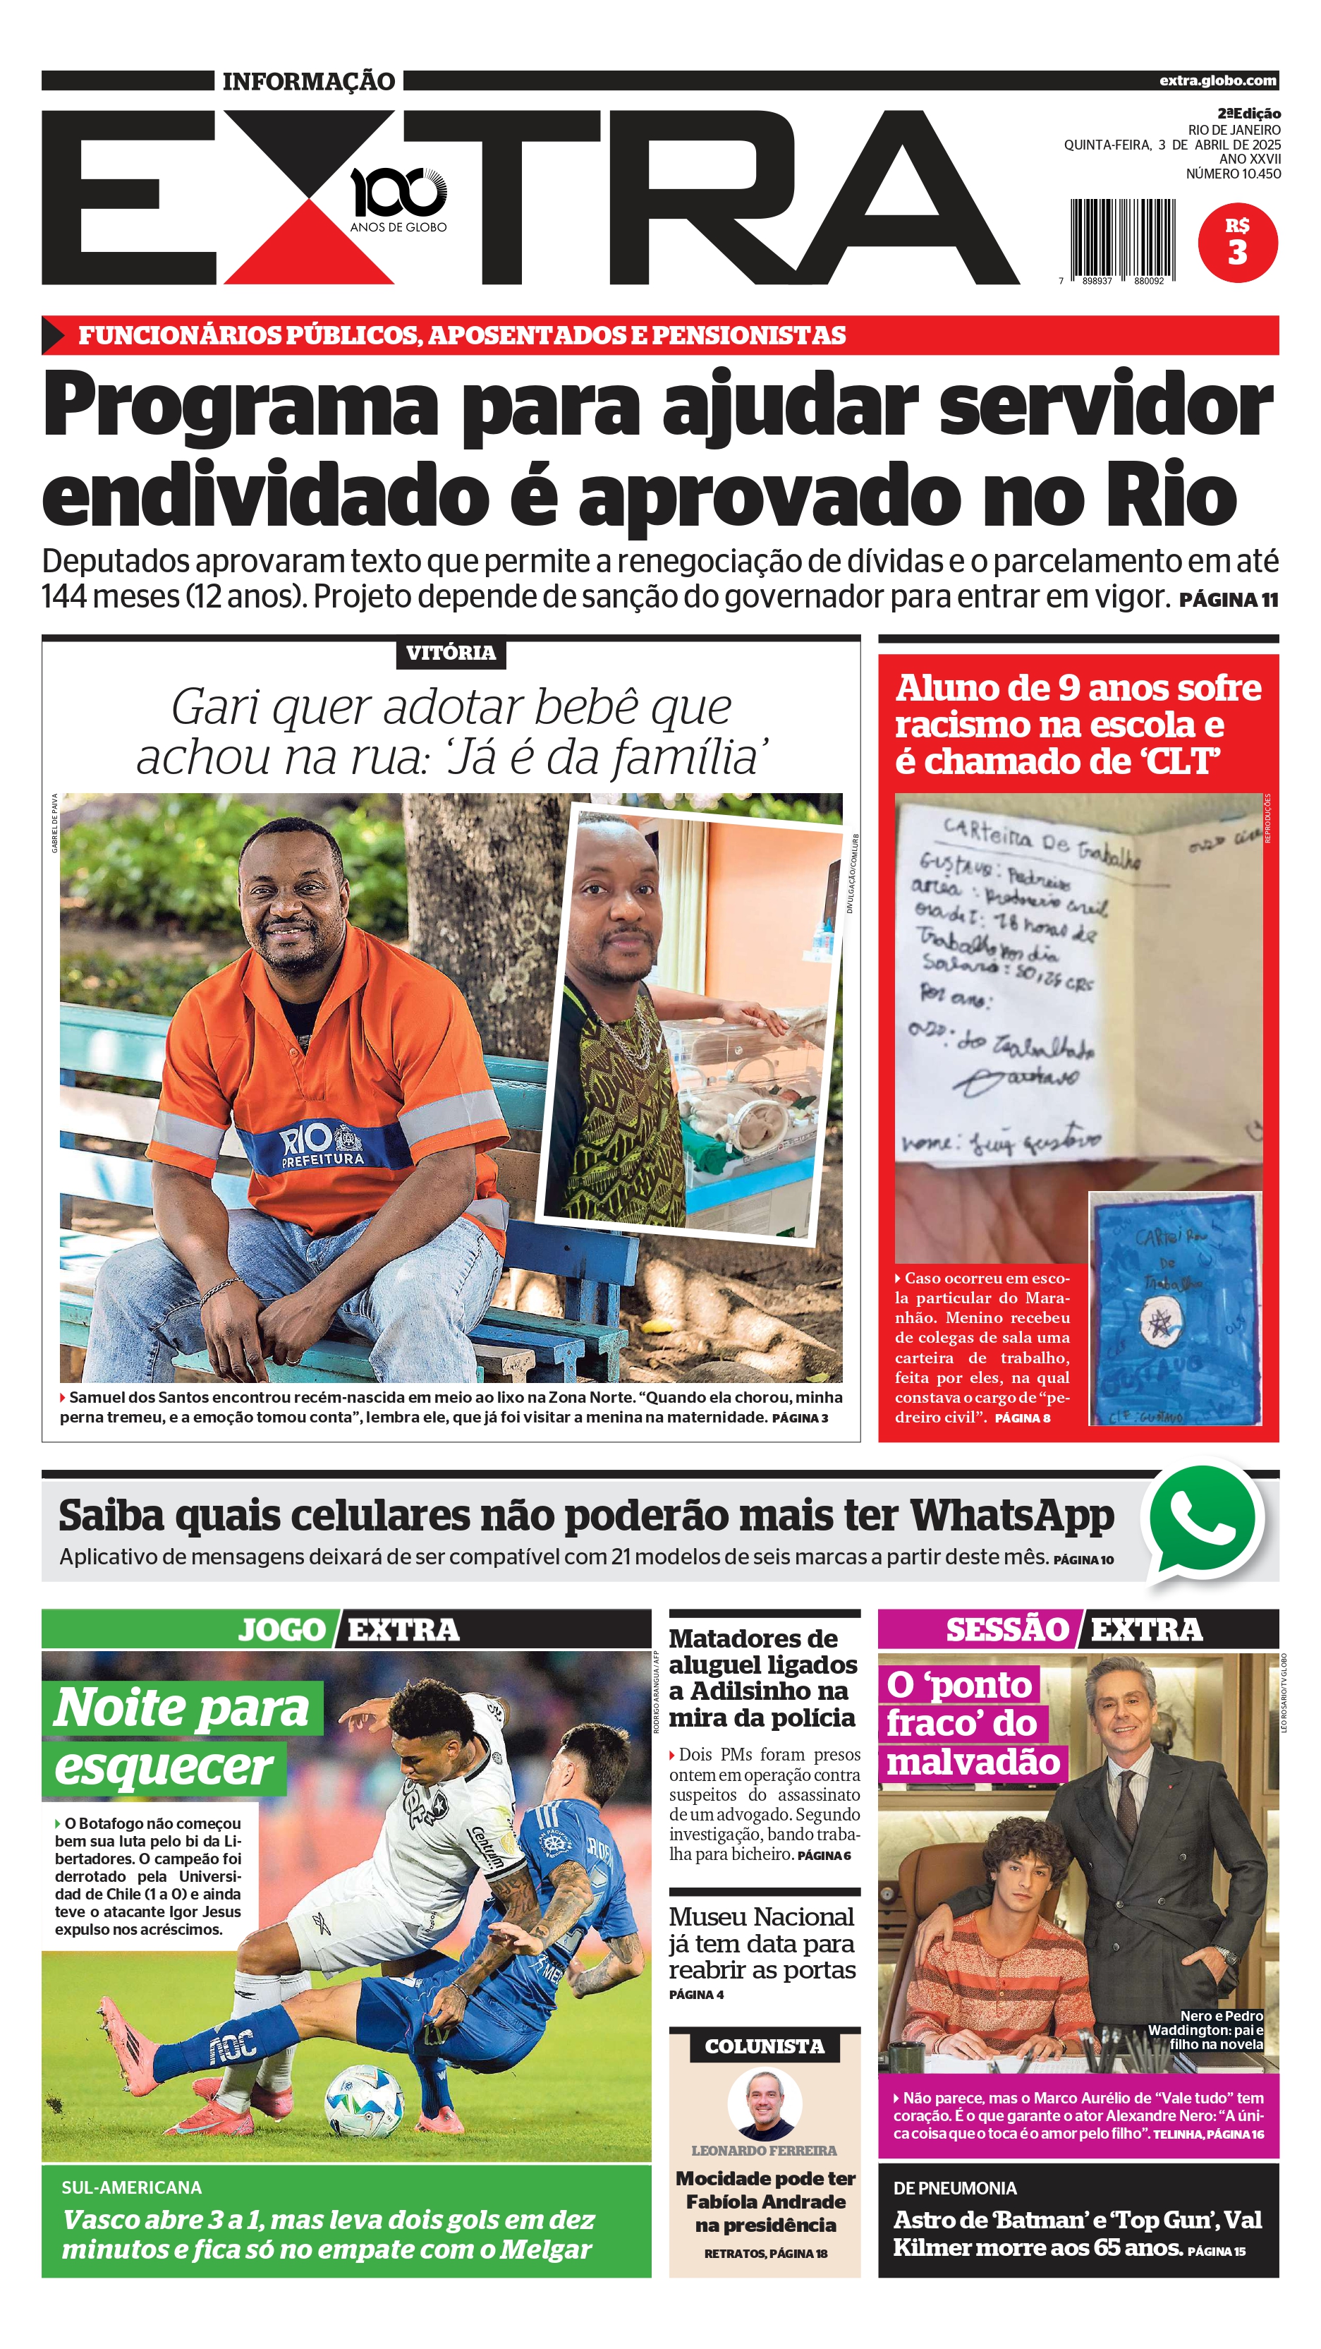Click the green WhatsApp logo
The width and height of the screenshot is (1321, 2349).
(x=1203, y=1519)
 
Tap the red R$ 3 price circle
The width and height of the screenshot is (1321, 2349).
(x=1237, y=243)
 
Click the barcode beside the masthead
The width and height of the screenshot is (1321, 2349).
(x=1122, y=239)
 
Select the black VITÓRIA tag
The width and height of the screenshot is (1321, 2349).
(x=451, y=653)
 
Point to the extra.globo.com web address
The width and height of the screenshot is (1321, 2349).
(x=1218, y=80)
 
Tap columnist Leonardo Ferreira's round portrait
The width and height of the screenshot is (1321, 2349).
(x=764, y=2103)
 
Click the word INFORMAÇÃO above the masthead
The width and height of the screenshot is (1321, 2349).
(x=309, y=81)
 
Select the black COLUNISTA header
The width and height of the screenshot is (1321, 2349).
(x=764, y=2046)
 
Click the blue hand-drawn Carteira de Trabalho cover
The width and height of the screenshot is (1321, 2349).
(x=1175, y=1308)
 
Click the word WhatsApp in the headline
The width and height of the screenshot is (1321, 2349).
(x=1012, y=1516)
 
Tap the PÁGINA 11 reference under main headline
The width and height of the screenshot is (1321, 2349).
(x=1228, y=600)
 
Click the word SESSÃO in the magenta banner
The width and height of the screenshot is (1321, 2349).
(x=1006, y=1629)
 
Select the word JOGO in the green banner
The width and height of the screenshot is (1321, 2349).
(x=281, y=1629)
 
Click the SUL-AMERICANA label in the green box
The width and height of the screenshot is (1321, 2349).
(x=131, y=2187)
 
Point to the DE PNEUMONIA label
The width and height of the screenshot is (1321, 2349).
(x=954, y=2187)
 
